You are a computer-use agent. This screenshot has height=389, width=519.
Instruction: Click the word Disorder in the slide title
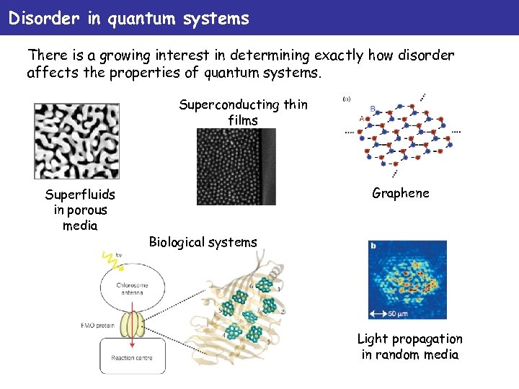click(x=43, y=18)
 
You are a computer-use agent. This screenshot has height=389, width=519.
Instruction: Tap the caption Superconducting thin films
click(x=243, y=112)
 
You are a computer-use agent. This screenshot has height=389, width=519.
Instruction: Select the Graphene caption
click(x=400, y=192)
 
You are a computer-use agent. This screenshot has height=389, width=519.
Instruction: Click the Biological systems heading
click(x=203, y=242)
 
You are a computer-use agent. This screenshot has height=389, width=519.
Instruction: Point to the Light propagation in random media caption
click(x=410, y=346)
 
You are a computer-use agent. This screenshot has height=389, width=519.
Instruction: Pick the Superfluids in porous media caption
click(x=79, y=210)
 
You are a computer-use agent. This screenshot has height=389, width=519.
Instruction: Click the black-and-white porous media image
click(x=76, y=140)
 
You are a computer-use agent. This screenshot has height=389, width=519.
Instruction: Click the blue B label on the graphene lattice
click(x=373, y=109)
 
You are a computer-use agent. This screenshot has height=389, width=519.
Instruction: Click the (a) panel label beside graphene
click(x=347, y=99)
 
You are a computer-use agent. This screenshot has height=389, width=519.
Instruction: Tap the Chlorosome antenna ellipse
click(x=131, y=290)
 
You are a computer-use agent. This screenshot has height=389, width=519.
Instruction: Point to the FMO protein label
click(x=97, y=325)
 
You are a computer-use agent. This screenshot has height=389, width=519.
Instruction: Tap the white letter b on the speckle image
click(x=373, y=246)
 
